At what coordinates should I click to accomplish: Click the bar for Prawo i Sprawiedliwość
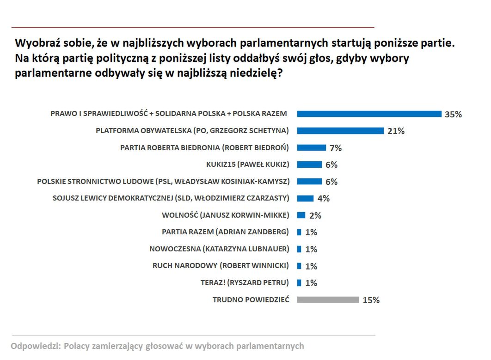[x=369, y=114]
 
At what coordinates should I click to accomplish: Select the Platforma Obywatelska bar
[x=340, y=131]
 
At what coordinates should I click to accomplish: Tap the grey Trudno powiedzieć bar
[x=328, y=299]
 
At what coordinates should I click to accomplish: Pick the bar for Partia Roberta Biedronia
[x=311, y=148]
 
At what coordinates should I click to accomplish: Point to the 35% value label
[x=453, y=115]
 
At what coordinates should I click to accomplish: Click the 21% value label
[x=396, y=131]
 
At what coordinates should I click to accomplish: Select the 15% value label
[x=371, y=300]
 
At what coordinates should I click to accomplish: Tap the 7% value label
[x=336, y=148]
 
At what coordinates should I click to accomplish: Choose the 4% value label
[x=323, y=199]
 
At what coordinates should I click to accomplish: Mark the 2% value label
[x=315, y=216]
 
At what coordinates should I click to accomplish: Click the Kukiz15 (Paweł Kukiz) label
[x=247, y=165]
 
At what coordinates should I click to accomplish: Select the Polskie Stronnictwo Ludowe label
[x=163, y=182]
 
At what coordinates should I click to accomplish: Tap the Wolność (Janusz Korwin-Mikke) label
[x=225, y=215]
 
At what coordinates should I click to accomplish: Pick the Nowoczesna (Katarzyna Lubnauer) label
[x=219, y=249]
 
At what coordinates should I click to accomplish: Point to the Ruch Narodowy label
[x=221, y=266]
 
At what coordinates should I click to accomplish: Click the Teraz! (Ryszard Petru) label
[x=245, y=282]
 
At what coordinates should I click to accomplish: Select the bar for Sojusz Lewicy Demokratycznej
[x=305, y=198]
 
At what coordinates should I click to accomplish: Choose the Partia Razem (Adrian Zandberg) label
[x=225, y=232]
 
